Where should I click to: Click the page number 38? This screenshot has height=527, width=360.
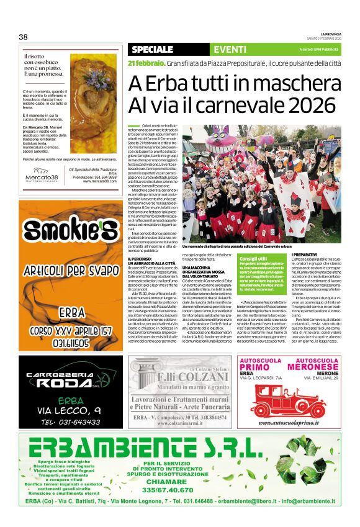point(24,37)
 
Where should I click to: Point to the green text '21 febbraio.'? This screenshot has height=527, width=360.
point(145,64)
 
